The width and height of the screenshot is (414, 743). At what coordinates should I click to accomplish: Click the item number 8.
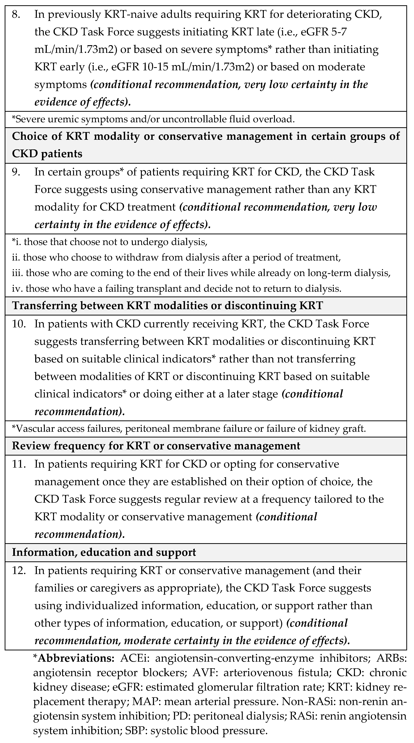click(x=16, y=14)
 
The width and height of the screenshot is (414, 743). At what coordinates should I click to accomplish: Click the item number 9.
click(x=16, y=172)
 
